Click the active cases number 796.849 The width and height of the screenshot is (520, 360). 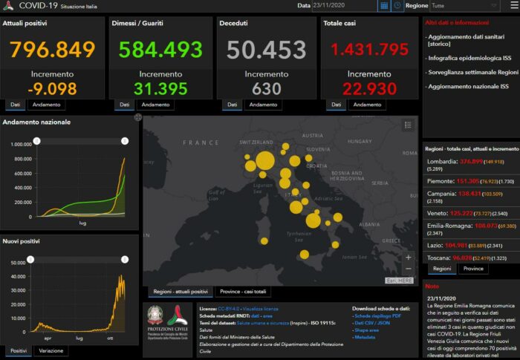click(x=53, y=50)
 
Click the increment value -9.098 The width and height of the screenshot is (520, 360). click(x=52, y=88)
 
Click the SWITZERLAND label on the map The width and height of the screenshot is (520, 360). click(x=258, y=142)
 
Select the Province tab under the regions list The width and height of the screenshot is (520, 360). click(x=472, y=269)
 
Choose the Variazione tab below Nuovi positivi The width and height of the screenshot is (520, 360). click(x=51, y=350)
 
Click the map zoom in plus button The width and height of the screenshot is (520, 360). click(x=408, y=257)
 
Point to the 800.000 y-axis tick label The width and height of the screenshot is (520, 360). click(x=20, y=158)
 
